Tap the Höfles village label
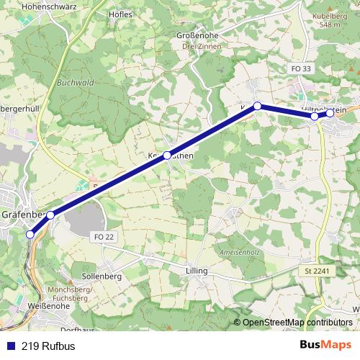(x=120, y=14)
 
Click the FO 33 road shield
(x=302, y=68)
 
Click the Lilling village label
(x=196, y=271)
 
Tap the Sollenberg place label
(x=101, y=276)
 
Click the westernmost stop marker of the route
(x=30, y=234)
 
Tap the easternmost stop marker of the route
(x=330, y=113)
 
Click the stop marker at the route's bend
(x=257, y=106)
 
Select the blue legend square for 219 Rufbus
(x=10, y=345)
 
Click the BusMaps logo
(x=325, y=344)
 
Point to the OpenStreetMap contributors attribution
(x=297, y=323)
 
